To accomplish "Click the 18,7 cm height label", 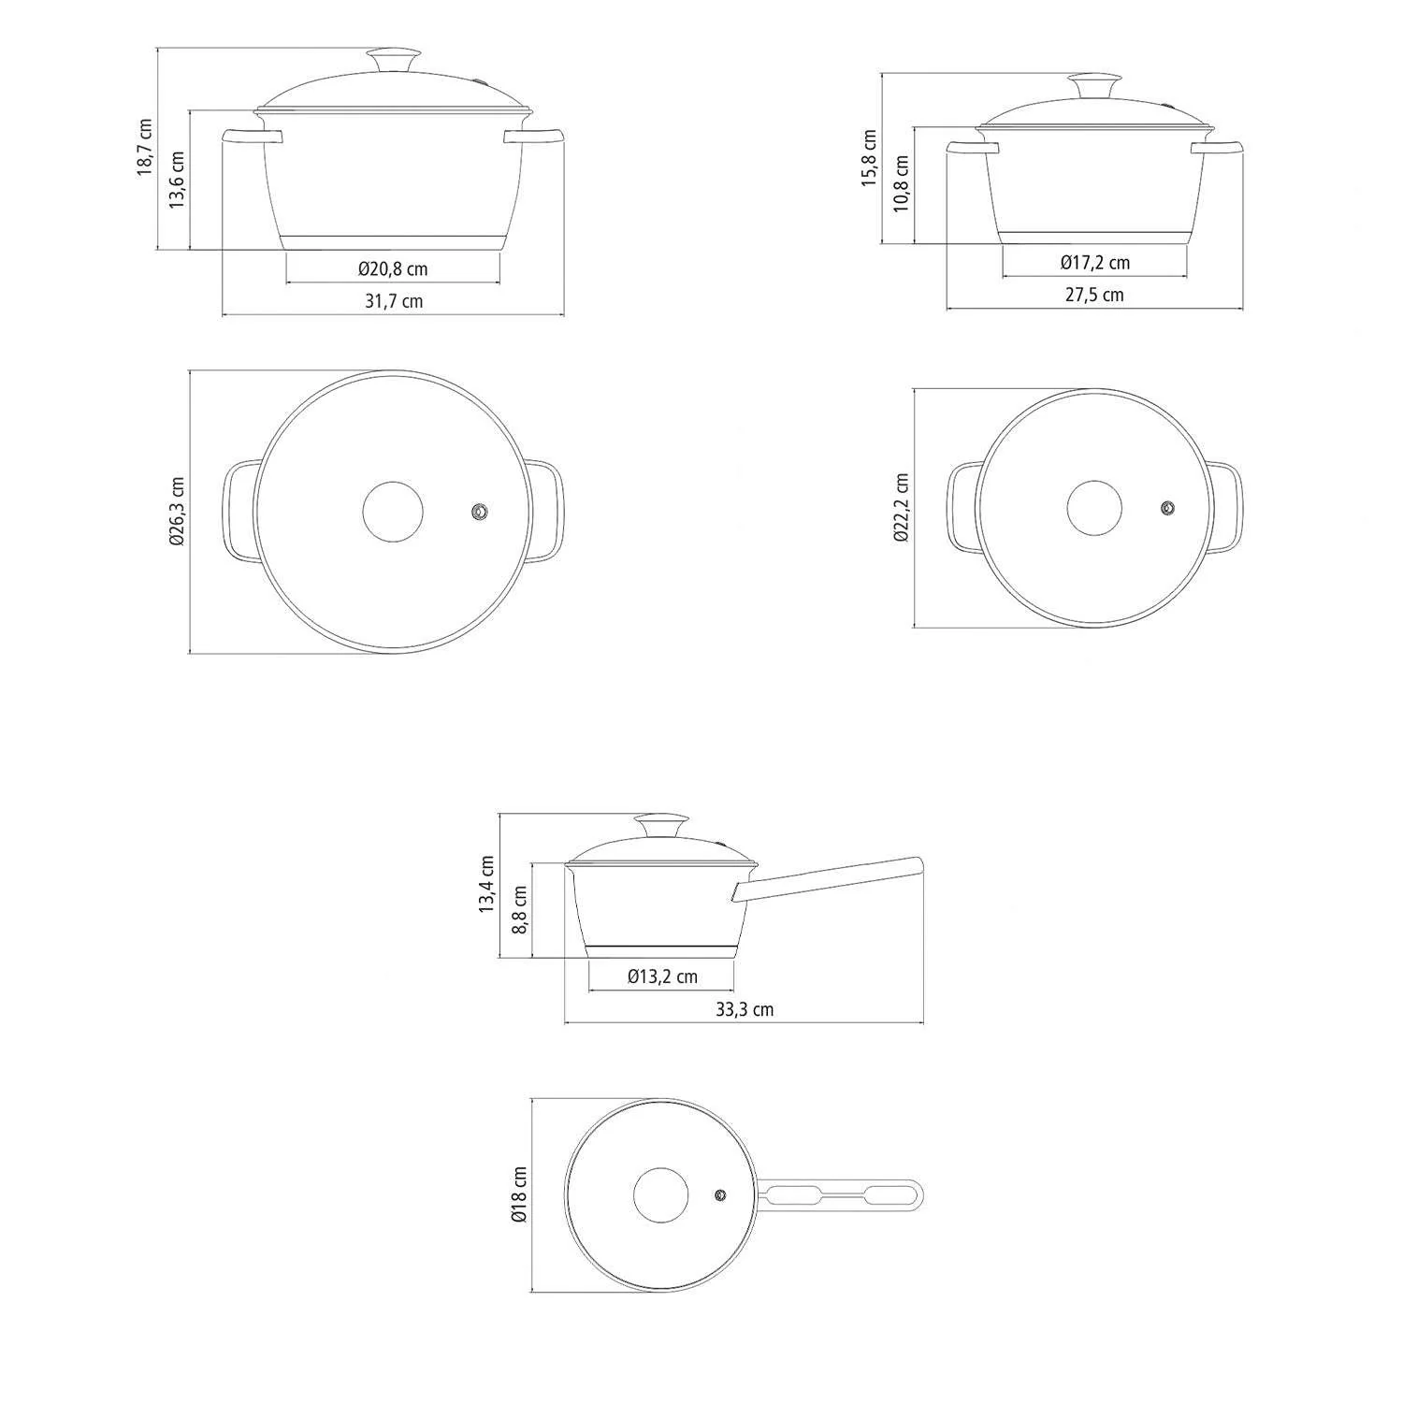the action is pos(144,147).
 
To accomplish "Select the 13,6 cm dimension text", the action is pos(177,180).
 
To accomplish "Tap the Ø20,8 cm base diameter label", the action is pos(393,269).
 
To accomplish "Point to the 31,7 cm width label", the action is pos(393,301).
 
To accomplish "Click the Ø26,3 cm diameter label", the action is pos(178,512).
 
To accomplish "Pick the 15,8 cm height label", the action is pos(869,158).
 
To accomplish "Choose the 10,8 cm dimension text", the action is pos(901,183).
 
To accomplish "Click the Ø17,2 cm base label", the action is pos(1094,263).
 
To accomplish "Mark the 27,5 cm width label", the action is pos(1094,295).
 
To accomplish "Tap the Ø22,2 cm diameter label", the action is pos(902,508).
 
